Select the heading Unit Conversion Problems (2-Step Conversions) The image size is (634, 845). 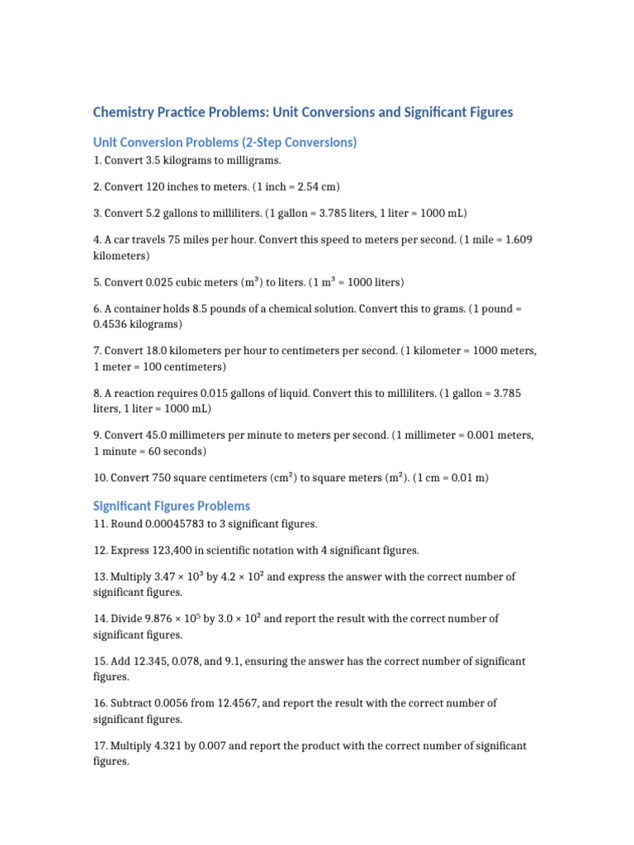pos(225,143)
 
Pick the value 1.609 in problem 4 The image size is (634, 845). pos(517,240)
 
